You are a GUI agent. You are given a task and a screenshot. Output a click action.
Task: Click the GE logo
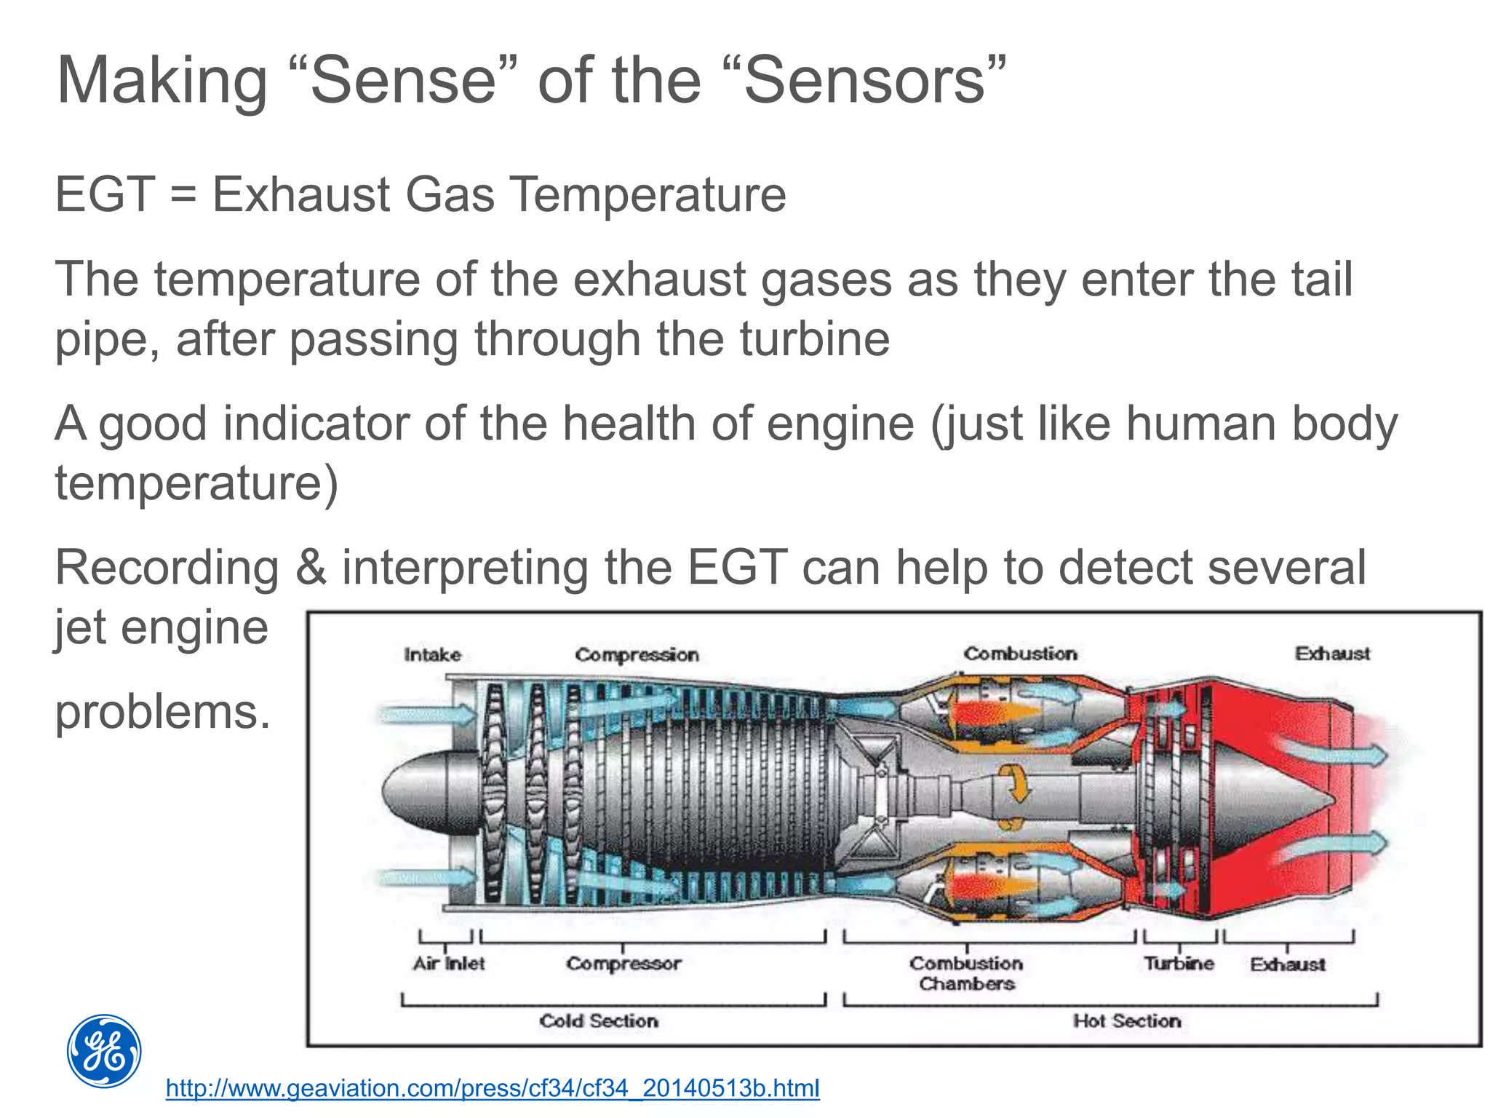(104, 1051)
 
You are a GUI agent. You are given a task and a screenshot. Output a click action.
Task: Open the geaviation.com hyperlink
(493, 1088)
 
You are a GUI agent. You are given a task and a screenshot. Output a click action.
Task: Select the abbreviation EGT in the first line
(105, 194)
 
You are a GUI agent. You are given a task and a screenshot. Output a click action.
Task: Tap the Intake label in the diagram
(432, 654)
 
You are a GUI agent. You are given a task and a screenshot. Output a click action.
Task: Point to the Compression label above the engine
(637, 654)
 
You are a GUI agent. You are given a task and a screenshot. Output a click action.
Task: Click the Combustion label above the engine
(1020, 654)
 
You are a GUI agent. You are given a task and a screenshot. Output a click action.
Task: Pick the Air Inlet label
(448, 964)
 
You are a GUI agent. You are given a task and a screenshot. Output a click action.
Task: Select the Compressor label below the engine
(624, 964)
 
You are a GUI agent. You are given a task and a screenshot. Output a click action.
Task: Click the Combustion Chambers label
(966, 973)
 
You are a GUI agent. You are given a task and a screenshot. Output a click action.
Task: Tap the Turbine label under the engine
(1179, 964)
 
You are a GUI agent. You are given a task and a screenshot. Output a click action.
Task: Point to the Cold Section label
(599, 1020)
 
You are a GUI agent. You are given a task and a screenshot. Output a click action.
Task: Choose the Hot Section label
(1127, 1020)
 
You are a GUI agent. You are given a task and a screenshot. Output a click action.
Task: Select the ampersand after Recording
(311, 568)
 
